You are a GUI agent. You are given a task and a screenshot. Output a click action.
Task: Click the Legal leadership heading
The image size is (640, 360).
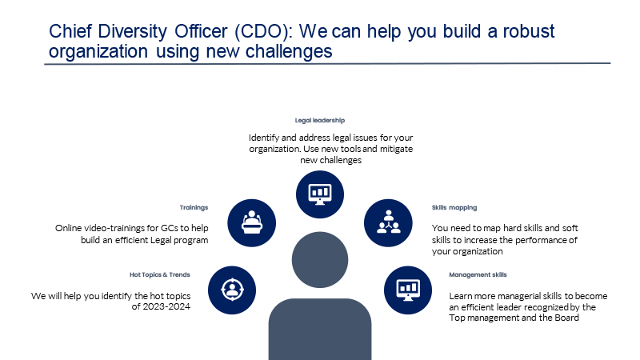[320, 121]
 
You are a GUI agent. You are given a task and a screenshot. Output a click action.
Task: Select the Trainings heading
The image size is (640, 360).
[194, 208]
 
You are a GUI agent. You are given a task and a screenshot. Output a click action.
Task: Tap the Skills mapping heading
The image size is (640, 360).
[454, 208]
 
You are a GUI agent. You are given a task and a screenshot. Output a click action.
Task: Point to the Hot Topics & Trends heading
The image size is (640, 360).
[160, 274]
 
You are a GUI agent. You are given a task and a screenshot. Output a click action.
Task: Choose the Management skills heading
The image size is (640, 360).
[478, 274]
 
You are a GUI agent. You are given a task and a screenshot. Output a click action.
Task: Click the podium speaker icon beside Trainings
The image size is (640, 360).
[251, 223]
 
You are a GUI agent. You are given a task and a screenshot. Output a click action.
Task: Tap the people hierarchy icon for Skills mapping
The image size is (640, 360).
[388, 223]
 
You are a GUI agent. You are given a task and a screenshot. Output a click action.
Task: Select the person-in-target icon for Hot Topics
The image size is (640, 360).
[232, 290]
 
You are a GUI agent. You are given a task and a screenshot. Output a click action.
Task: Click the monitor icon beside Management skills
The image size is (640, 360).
[408, 290]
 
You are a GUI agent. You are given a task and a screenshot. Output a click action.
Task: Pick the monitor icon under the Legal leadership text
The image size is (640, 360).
[320, 194]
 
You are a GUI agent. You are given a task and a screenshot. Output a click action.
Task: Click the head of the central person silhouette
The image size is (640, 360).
[320, 259]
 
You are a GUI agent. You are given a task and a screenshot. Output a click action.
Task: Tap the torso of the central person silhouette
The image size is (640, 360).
[320, 329]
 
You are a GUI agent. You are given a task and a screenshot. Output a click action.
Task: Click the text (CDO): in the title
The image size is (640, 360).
[264, 31]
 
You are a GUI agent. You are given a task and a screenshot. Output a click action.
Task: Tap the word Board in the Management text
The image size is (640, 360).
[566, 318]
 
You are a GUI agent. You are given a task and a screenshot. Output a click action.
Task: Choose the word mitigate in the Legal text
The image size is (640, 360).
[396, 149]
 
